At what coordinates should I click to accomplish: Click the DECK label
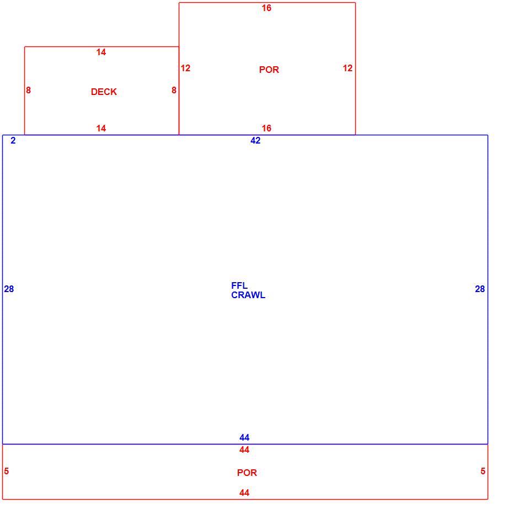pos(104,92)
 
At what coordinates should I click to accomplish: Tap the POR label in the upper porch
pos(269,70)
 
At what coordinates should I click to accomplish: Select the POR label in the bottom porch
pos(247,473)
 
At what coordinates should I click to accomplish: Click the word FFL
pos(239,285)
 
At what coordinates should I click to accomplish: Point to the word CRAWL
pos(248,295)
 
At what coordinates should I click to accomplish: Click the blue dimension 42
pos(255,140)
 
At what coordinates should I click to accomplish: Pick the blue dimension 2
pos(13,140)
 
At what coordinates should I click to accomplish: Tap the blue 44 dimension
pos(244,438)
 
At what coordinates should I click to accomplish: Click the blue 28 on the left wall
pos(9,289)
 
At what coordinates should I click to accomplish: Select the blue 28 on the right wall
pos(480,289)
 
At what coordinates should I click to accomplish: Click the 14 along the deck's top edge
pos(101,52)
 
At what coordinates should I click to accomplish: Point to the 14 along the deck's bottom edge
pos(101,128)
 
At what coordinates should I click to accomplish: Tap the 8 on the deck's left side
pos(29,90)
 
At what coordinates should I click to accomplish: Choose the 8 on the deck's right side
pos(174,90)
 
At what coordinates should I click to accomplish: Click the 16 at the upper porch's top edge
pos(266,8)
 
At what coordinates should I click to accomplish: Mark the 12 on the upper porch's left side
pos(185,68)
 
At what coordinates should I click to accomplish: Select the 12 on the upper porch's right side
pos(347,68)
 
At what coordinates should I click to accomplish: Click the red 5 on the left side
pos(7,471)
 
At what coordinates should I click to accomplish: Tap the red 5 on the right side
pos(483,471)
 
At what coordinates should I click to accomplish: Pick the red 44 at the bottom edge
pos(244,493)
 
